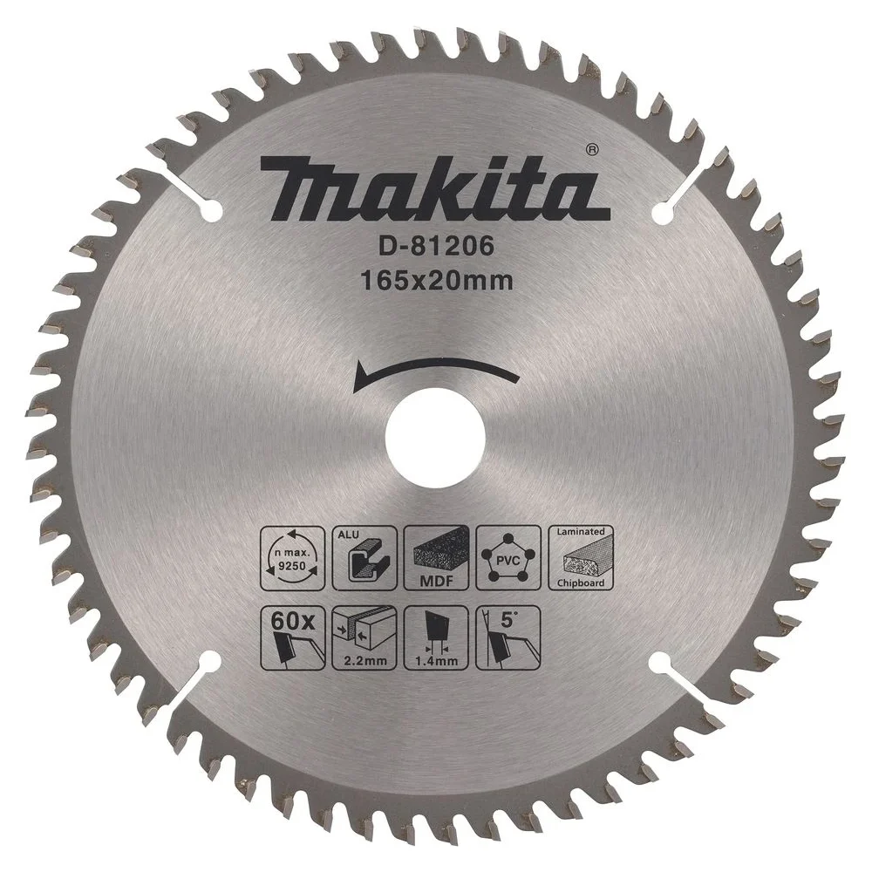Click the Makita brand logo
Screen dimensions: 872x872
pos(434,188)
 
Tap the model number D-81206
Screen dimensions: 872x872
pos(437,247)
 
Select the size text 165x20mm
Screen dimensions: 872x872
pos(437,282)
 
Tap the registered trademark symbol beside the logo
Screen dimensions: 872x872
pos(592,149)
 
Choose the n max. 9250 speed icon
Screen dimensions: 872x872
pos(293,558)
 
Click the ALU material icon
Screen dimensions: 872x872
pos(364,558)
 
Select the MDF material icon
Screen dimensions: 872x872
pos(437,558)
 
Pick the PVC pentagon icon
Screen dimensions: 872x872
pos(508,558)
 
